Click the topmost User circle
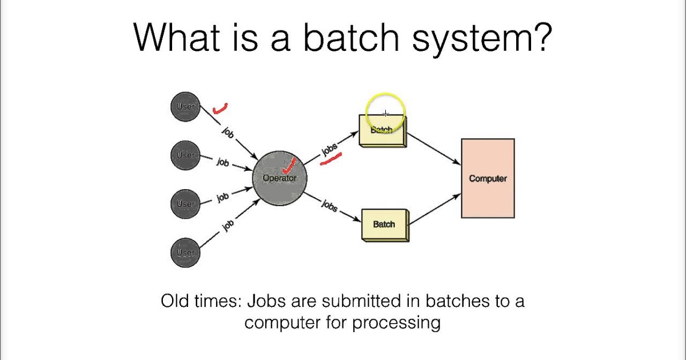click(x=185, y=107)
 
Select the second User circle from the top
click(x=185, y=155)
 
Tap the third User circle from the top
click(x=185, y=203)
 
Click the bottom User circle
click(x=185, y=252)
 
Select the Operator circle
click(x=280, y=178)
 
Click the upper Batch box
click(x=382, y=131)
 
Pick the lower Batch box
click(x=385, y=224)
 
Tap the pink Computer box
click(x=488, y=178)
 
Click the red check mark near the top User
click(x=219, y=108)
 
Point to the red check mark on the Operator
click(x=290, y=165)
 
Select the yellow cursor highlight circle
click(x=385, y=110)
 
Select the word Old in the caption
click(x=174, y=301)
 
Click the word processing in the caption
click(x=396, y=322)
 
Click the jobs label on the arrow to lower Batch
click(x=329, y=205)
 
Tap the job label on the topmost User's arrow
click(x=228, y=132)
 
